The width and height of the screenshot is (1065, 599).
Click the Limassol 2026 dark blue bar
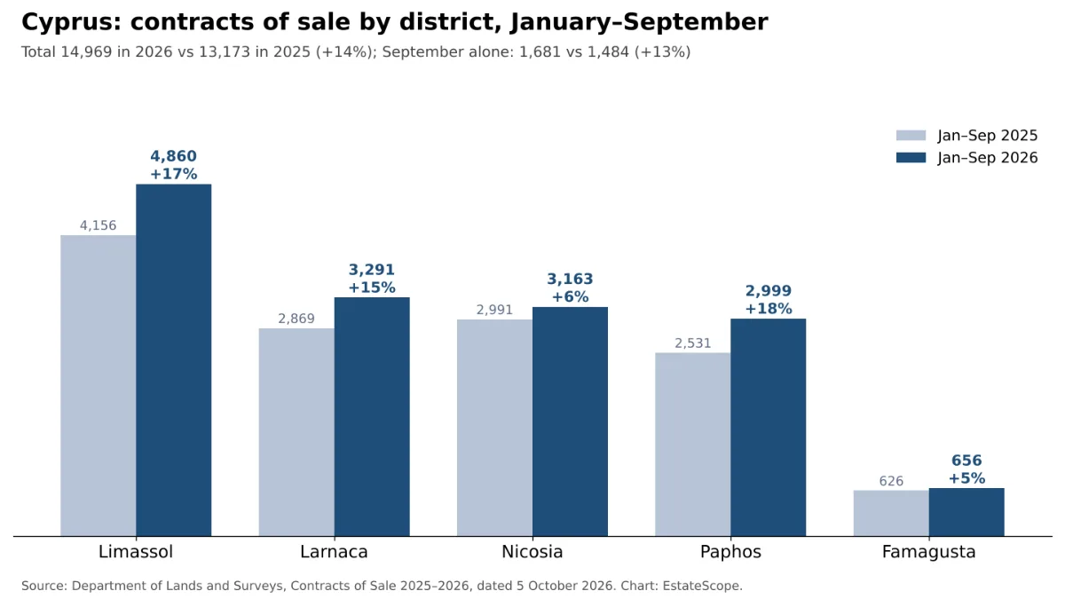point(174,360)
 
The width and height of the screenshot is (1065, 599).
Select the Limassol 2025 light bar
point(98,385)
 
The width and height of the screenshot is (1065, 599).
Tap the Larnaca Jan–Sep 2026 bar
point(372,417)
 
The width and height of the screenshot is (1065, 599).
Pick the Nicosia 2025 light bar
point(494,428)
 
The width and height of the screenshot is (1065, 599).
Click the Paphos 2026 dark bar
point(769,428)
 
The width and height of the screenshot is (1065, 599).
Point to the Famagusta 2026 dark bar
point(966,512)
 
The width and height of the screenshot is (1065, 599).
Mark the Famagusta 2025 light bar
point(891,514)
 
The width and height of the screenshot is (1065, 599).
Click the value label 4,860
point(174,156)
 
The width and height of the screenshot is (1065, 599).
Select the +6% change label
point(570,297)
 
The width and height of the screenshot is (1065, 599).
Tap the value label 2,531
point(693,343)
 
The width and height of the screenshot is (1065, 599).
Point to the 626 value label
point(891,481)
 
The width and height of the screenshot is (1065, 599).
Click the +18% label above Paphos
point(769,309)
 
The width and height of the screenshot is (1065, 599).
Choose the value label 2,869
point(296,319)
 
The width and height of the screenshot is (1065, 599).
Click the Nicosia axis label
point(532,552)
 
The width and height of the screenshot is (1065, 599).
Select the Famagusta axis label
point(928,552)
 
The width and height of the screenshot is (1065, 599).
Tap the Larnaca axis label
point(334,552)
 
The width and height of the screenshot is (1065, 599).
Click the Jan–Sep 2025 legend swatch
point(911,136)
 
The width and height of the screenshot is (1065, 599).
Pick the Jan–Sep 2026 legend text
point(988,158)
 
